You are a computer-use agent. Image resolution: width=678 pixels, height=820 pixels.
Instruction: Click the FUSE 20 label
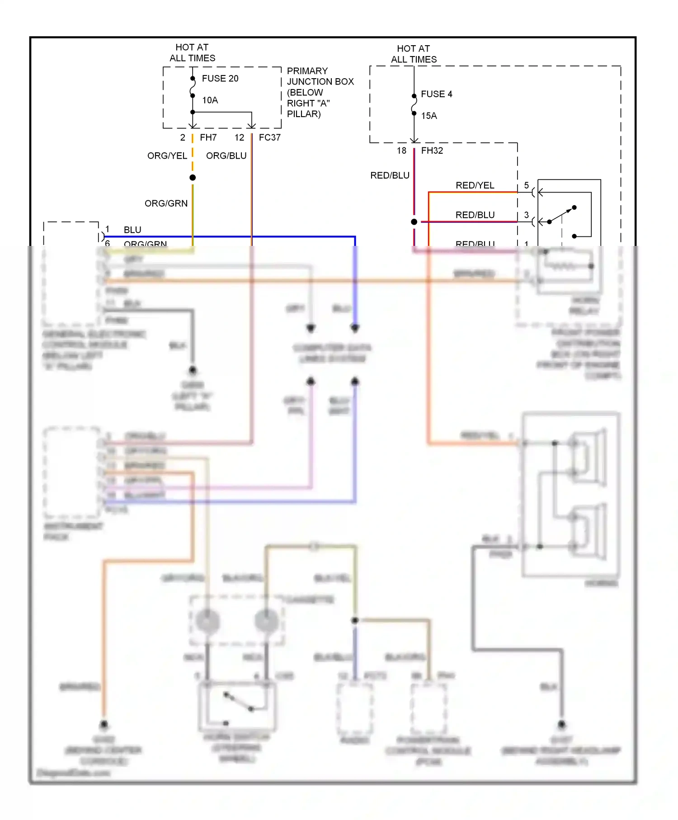220,79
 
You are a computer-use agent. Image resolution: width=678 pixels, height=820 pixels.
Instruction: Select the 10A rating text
210,100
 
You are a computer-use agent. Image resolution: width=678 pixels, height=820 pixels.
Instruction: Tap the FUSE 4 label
436,94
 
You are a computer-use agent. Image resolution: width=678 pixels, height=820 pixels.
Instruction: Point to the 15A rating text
429,116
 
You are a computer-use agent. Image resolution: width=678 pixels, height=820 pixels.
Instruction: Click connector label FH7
208,137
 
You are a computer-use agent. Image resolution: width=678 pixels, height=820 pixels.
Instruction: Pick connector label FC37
269,137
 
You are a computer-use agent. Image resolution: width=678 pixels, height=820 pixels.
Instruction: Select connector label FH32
432,151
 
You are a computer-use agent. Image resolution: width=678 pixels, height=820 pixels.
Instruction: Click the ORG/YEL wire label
167,156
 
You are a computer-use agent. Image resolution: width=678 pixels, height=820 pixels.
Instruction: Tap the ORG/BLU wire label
226,156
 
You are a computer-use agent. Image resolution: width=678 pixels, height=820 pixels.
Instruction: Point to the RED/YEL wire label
475,185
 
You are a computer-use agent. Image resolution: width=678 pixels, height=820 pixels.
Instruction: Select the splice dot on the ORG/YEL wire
193,178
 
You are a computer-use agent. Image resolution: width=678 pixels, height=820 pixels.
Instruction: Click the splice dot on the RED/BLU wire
414,222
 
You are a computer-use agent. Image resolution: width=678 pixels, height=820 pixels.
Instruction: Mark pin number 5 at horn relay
526,185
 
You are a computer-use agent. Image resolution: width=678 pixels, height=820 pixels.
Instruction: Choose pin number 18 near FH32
401,151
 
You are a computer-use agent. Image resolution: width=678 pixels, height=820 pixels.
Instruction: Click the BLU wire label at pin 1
132,230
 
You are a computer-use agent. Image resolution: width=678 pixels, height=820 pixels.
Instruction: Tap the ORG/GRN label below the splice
166,203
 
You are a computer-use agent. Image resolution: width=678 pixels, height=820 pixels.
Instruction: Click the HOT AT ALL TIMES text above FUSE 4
414,54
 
